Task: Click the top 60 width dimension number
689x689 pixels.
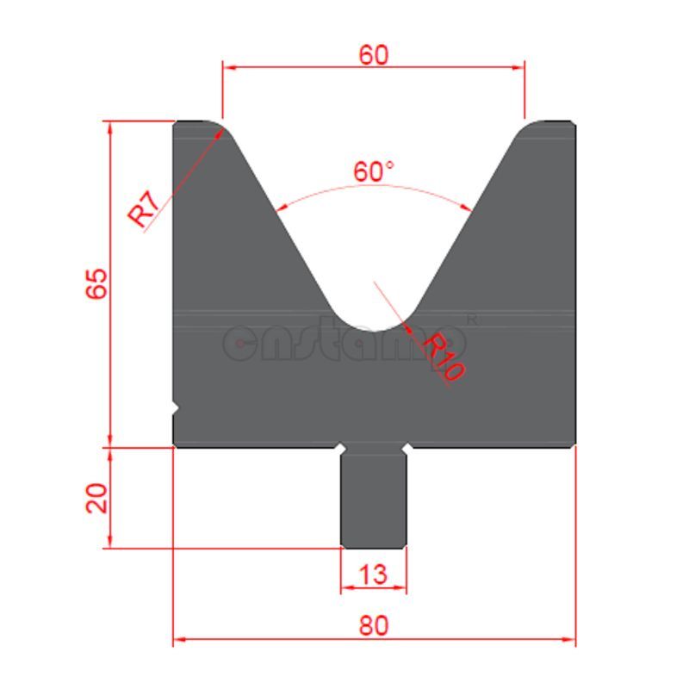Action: pyautogui.click(x=373, y=54)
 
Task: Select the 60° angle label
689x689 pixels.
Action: pyautogui.click(x=373, y=171)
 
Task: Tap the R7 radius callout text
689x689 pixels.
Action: pyautogui.click(x=144, y=209)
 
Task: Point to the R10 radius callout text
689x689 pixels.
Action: pyautogui.click(x=444, y=356)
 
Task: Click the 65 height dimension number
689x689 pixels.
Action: pyautogui.click(x=96, y=283)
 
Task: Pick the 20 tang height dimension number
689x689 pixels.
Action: pyautogui.click(x=96, y=498)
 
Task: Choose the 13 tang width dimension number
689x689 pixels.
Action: pyautogui.click(x=373, y=573)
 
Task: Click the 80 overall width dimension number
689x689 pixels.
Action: pyautogui.click(x=373, y=625)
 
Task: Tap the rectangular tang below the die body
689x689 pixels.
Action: pyautogui.click(x=374, y=500)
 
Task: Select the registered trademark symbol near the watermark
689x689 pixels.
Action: pyautogui.click(x=471, y=319)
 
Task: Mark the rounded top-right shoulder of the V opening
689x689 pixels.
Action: pyautogui.click(x=527, y=129)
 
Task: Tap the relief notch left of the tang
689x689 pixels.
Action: pyautogui.click(x=342, y=450)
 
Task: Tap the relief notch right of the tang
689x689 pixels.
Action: pyautogui.click(x=406, y=450)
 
